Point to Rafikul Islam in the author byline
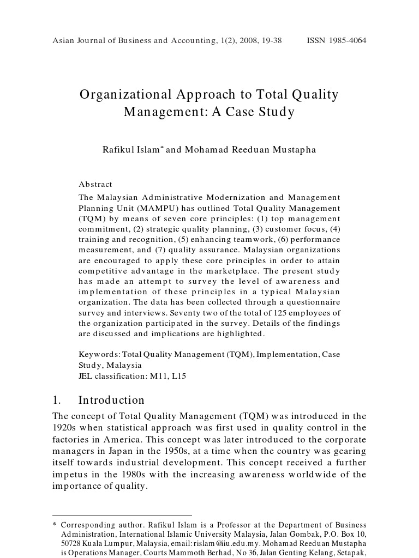[x=130, y=150]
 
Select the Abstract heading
[x=95, y=184]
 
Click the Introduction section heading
[x=111, y=401]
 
